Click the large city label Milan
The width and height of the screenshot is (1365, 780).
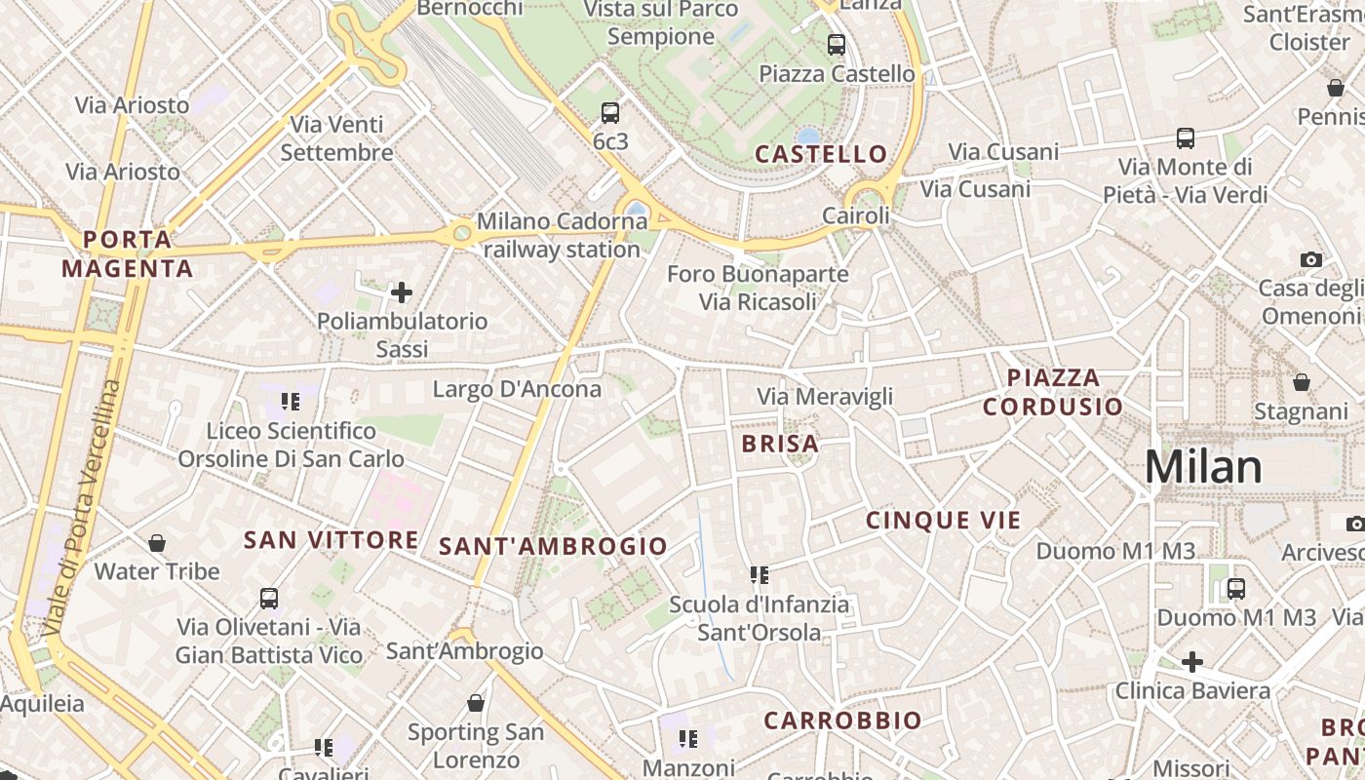1203,467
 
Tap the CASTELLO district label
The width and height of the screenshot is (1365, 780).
821,154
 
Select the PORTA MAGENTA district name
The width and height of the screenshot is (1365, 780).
128,253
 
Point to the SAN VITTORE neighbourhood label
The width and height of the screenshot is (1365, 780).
331,540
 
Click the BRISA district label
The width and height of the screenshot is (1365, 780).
780,444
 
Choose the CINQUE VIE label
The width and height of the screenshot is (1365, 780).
943,521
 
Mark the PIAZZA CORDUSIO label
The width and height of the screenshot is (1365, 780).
1053,392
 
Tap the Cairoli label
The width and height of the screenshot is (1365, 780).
856,215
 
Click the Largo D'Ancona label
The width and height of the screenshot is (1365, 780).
517,389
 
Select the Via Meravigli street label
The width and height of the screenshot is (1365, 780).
825,397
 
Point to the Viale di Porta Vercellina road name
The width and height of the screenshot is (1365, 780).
83,507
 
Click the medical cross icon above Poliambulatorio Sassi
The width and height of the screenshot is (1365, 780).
401,292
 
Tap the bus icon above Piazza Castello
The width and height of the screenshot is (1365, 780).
837,44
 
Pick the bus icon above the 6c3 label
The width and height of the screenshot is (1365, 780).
610,112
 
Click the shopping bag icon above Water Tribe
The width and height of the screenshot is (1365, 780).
157,542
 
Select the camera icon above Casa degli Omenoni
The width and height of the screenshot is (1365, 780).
1311,259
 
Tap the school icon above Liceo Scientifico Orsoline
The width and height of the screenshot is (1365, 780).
291,401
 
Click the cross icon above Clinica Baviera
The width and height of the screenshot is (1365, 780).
1191,663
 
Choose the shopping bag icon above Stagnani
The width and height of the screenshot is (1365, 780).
1301,382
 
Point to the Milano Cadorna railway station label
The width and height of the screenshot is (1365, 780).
562,235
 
